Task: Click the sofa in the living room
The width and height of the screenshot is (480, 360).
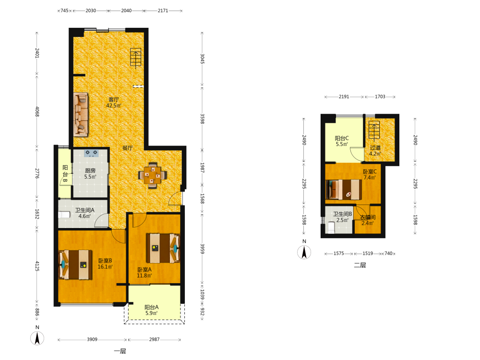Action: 81,115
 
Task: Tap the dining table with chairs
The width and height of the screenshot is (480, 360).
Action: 153,175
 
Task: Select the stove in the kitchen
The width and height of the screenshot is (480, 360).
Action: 91,153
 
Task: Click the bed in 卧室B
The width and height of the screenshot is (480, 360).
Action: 75,265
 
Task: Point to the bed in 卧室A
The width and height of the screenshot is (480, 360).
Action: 163,248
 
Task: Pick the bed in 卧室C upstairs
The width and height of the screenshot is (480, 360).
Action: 344,190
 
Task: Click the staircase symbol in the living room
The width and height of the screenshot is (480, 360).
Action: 136,58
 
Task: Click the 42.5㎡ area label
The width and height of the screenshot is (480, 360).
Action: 114,106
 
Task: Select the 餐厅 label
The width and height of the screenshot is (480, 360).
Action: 128,148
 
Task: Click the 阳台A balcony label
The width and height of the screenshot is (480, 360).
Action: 152,307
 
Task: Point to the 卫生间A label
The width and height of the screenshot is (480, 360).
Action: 85,210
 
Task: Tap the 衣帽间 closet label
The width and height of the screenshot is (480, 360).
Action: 368,217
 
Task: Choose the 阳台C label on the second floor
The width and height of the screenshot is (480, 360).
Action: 342,138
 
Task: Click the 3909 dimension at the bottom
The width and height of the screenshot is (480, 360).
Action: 92,339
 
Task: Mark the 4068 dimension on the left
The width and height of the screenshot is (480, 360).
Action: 37,111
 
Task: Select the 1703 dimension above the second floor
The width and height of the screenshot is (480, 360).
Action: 380,96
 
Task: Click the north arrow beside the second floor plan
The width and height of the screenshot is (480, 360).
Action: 304,252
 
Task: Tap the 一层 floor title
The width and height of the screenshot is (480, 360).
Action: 120,351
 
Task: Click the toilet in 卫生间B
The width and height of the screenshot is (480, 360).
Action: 331,228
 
